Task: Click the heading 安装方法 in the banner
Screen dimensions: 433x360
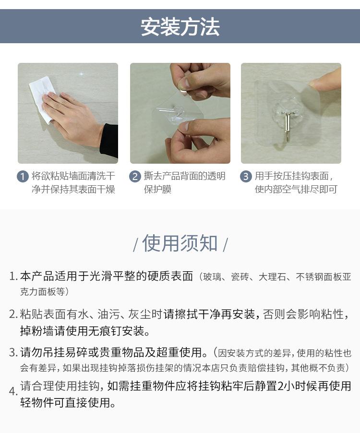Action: (180, 27)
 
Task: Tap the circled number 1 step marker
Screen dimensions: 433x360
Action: (23, 176)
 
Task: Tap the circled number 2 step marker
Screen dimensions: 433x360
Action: (135, 176)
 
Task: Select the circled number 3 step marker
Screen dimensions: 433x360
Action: (246, 176)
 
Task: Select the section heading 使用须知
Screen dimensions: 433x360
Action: (180, 243)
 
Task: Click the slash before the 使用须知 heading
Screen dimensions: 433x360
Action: (135, 245)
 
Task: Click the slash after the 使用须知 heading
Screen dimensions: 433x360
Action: (225, 245)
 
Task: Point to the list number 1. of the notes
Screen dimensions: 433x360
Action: (13, 277)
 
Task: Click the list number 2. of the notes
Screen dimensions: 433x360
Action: (13, 314)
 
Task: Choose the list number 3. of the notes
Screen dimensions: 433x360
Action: (13, 353)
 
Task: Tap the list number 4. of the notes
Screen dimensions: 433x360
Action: (13, 391)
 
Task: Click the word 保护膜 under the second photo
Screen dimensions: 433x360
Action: (157, 189)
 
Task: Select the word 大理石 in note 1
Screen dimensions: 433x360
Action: (272, 277)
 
